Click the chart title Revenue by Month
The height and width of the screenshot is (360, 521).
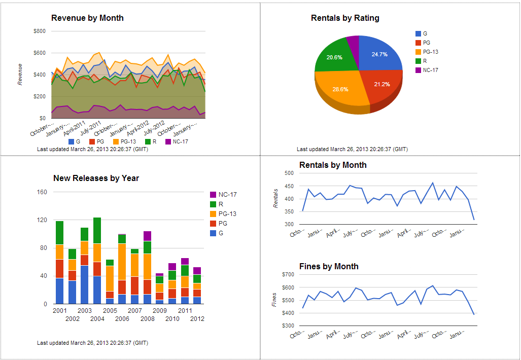(87, 18)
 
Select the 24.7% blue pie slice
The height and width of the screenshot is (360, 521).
(378, 55)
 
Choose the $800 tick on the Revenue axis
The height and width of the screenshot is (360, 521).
(40, 31)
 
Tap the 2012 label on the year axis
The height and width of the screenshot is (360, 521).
(197, 319)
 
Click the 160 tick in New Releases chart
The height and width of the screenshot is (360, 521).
(42, 192)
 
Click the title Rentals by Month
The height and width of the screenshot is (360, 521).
(333, 165)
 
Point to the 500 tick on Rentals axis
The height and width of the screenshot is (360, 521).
(290, 173)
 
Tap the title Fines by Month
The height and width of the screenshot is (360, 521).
(329, 267)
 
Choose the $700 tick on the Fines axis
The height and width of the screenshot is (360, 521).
(288, 275)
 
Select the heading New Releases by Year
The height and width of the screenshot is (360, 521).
(96, 178)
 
